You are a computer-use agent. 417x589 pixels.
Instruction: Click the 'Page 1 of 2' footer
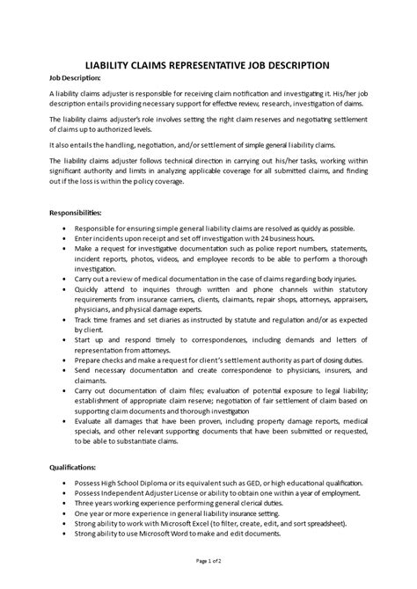point(208,560)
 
